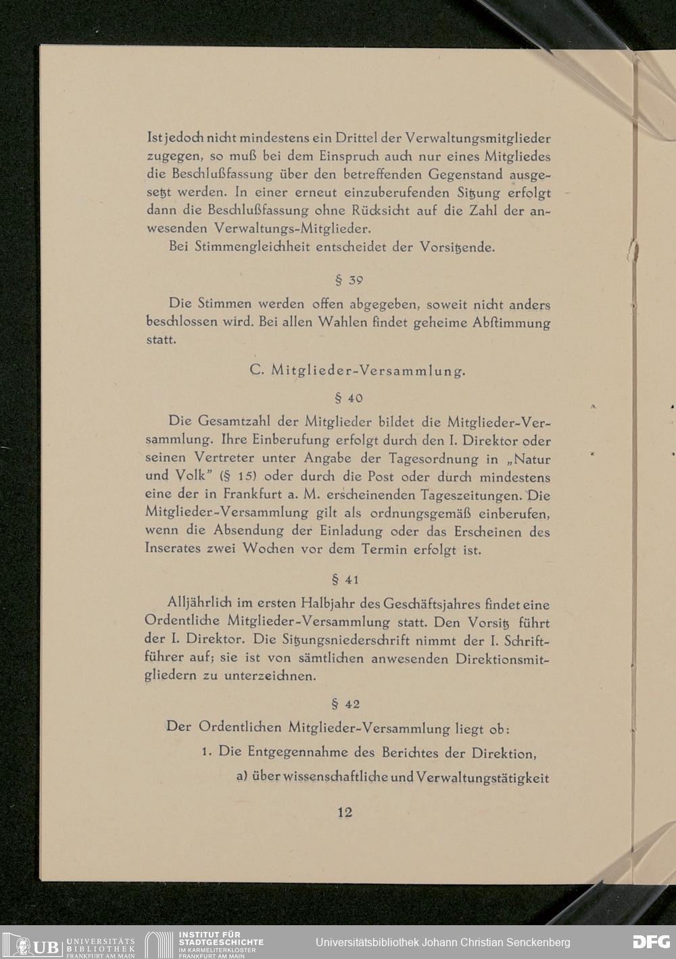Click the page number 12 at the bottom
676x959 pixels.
coord(345,812)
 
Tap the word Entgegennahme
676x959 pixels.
coord(304,752)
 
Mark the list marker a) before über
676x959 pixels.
coord(242,777)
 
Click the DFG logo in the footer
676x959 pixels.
coord(650,942)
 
